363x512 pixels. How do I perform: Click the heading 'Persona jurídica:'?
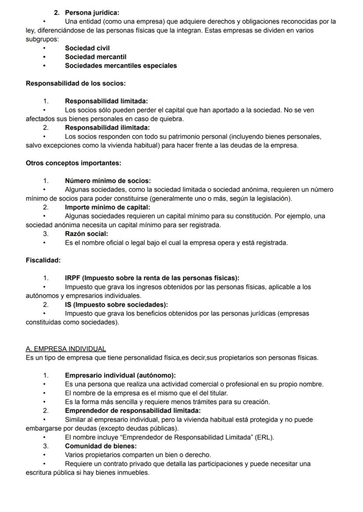pyautogui.click(x=92, y=13)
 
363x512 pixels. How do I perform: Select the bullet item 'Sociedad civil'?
pyautogui.click(x=87, y=48)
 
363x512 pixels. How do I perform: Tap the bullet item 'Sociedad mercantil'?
pyautogui.click(x=96, y=57)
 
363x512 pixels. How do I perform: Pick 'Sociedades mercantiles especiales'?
pyautogui.click(x=121, y=66)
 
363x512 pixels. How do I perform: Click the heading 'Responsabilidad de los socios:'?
pyautogui.click(x=76, y=83)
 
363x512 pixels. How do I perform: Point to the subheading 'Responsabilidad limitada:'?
pyautogui.click(x=106, y=101)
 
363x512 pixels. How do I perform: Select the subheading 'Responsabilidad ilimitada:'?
pyautogui.click(x=107, y=128)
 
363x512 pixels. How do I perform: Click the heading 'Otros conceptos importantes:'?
pyautogui.click(x=73, y=163)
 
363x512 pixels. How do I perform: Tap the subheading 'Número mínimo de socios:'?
pyautogui.click(x=107, y=181)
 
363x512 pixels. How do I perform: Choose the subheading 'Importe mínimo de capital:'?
pyautogui.click(x=107, y=207)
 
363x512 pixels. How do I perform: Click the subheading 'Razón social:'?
pyautogui.click(x=86, y=234)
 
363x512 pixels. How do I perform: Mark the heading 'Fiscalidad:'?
pyautogui.click(x=43, y=260)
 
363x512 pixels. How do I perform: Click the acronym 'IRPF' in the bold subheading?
pyautogui.click(x=73, y=278)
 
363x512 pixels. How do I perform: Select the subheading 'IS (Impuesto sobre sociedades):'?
pyautogui.click(x=116, y=304)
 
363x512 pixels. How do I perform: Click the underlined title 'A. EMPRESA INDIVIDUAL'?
pyautogui.click(x=66, y=349)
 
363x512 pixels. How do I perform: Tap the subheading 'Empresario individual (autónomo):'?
pyautogui.click(x=120, y=375)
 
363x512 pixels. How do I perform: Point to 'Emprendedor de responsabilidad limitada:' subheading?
pyautogui.click(x=132, y=411)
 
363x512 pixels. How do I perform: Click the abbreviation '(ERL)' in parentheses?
pyautogui.click(x=264, y=437)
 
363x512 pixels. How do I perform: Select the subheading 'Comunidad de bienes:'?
pyautogui.click(x=100, y=446)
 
